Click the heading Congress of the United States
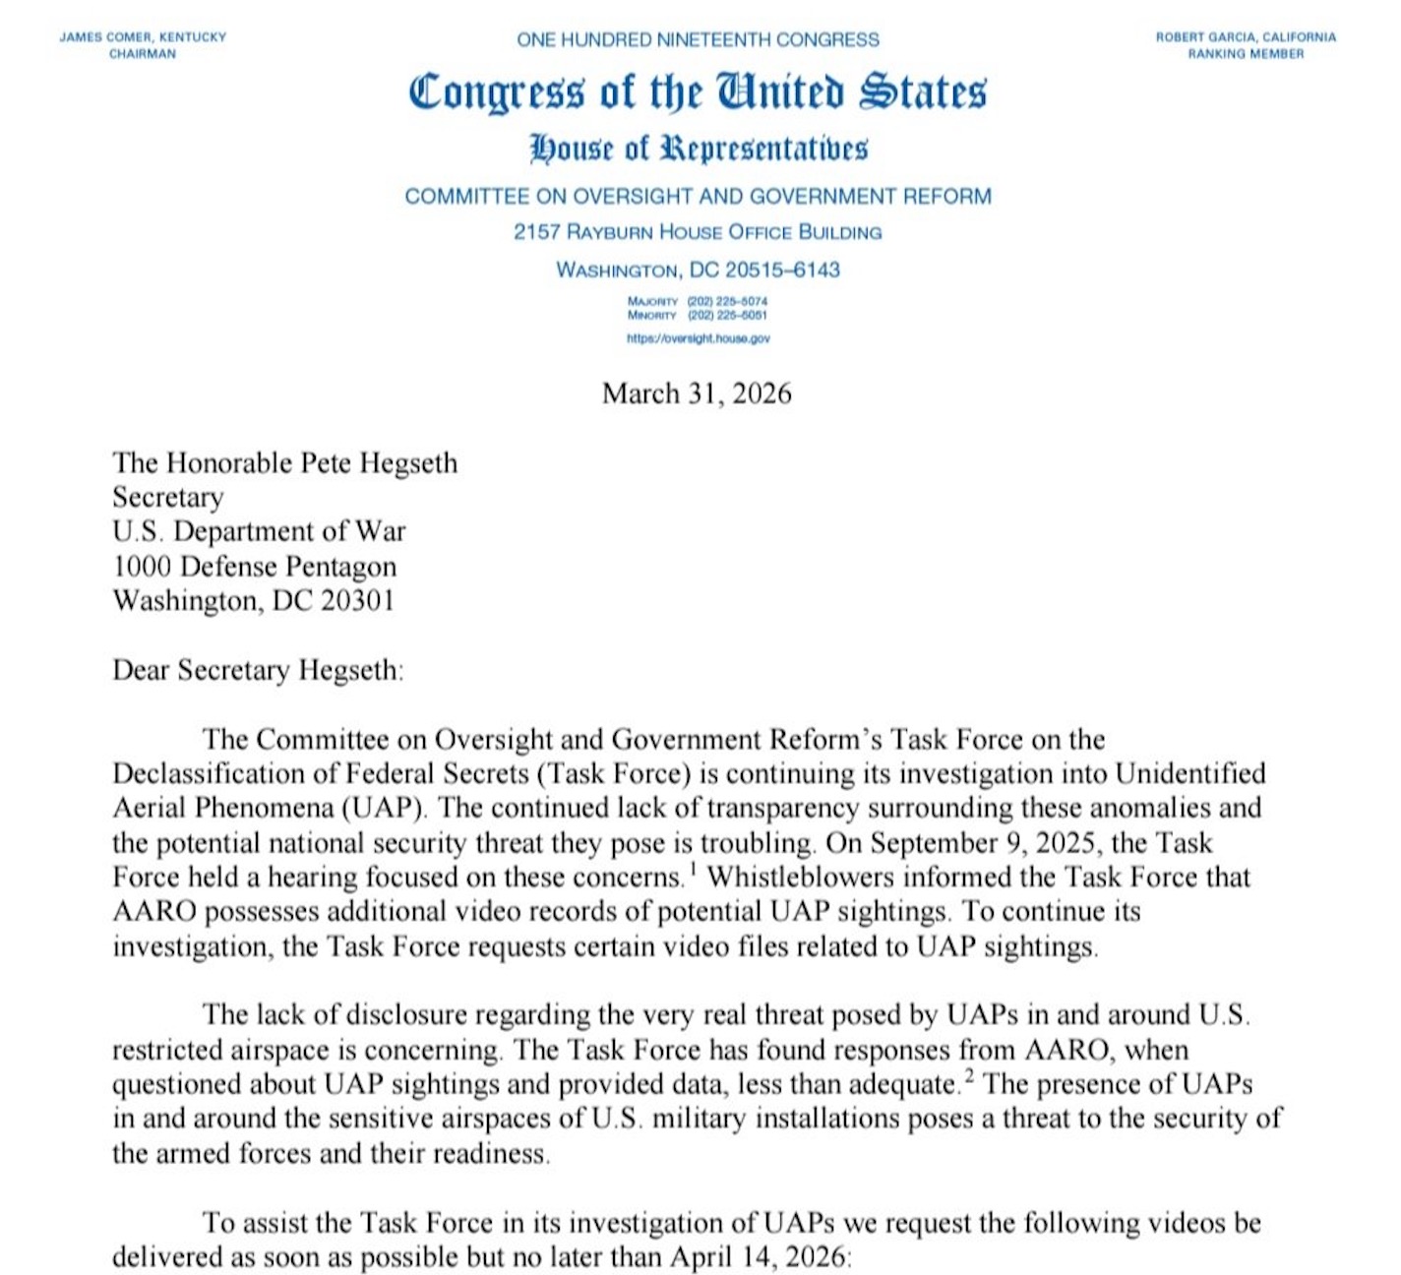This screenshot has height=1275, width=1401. pyautogui.click(x=697, y=92)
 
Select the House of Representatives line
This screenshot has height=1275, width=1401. pyautogui.click(x=698, y=149)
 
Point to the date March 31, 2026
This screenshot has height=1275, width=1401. pyautogui.click(x=697, y=394)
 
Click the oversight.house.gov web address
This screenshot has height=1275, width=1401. pyautogui.click(x=699, y=338)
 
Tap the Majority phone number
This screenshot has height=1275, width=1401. pyautogui.click(x=727, y=301)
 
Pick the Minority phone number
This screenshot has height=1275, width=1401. pyautogui.click(x=727, y=315)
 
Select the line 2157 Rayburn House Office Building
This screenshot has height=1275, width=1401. pyautogui.click(x=698, y=232)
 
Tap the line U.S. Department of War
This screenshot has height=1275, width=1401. pyautogui.click(x=259, y=531)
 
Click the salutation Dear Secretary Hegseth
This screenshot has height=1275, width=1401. pyautogui.click(x=258, y=670)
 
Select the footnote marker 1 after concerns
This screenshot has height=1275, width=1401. pyautogui.click(x=693, y=867)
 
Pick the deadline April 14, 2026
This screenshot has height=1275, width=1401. pyautogui.click(x=758, y=1257)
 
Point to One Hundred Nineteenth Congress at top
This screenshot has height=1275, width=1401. pyautogui.click(x=698, y=40)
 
